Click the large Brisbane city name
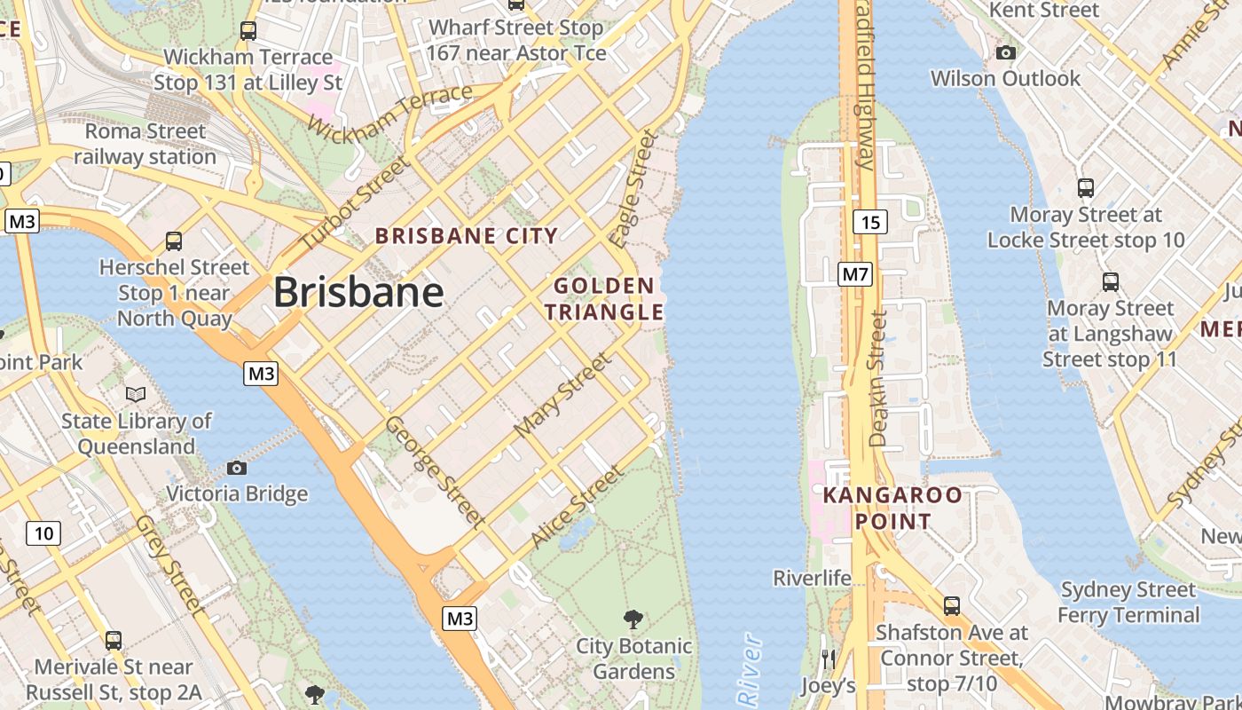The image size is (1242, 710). point(358,292)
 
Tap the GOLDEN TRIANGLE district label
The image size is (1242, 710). point(604,299)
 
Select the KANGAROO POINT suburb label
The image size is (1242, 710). point(892,508)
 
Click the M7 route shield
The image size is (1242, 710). point(855,274)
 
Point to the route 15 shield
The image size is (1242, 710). point(871,222)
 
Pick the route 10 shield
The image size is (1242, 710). point(43,532)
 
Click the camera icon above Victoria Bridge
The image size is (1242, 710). point(237,468)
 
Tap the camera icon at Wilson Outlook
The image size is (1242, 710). point(1005,53)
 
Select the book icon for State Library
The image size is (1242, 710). point(136,394)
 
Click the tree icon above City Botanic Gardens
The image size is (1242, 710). point(633,619)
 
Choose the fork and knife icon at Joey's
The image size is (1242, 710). point(829,659)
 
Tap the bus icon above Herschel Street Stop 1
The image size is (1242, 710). point(174,241)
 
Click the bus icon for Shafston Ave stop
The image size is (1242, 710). point(952,606)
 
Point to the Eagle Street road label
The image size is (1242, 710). point(633,189)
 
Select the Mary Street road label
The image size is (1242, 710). point(563,393)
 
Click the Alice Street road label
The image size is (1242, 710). point(577,507)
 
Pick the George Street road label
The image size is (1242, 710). point(435,471)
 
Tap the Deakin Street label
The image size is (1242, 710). point(877,378)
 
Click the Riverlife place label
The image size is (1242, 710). point(812,579)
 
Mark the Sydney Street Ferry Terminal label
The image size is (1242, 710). point(1128,602)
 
